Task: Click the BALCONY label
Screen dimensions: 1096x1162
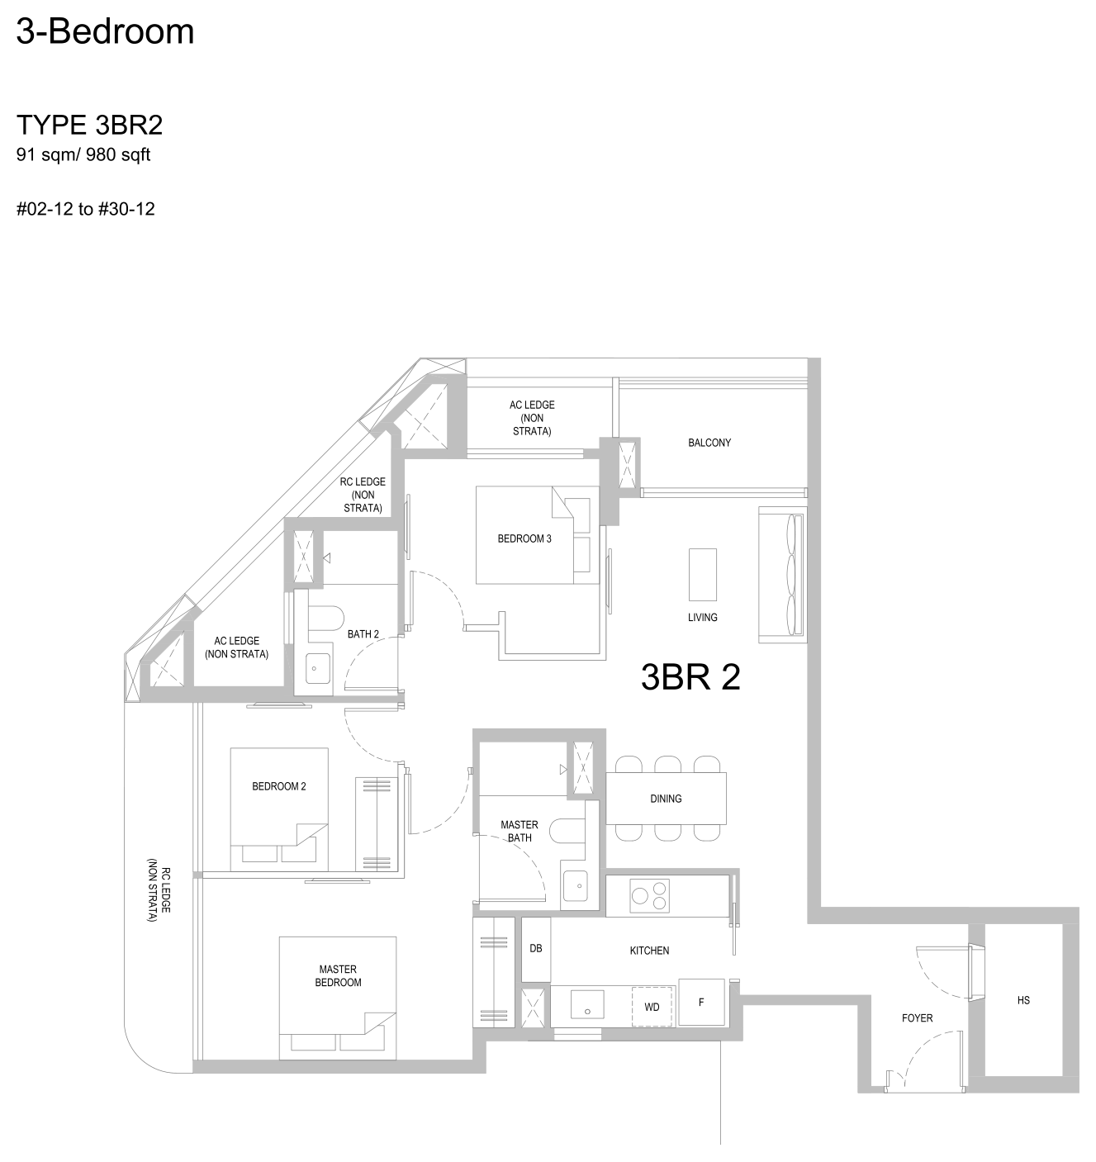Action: (x=709, y=443)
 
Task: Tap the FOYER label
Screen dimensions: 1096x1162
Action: (x=917, y=1018)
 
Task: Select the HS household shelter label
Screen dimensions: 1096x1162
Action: (x=1023, y=1000)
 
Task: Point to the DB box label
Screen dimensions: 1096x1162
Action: (x=535, y=948)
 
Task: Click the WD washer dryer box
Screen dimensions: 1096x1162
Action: (x=652, y=1006)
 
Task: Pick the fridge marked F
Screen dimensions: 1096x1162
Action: (x=701, y=1003)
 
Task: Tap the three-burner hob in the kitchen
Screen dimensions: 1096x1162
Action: (x=649, y=896)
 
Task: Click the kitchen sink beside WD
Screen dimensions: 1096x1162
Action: (x=587, y=1004)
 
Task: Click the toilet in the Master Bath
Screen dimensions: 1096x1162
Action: (x=567, y=830)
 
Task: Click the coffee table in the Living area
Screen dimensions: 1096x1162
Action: (x=702, y=575)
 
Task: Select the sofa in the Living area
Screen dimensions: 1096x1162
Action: (x=782, y=575)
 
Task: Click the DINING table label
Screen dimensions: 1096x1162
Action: (x=666, y=799)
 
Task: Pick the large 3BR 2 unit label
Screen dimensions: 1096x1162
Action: (x=690, y=677)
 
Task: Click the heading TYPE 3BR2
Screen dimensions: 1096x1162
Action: (x=89, y=125)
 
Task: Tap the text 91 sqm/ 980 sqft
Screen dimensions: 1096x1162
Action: (x=83, y=154)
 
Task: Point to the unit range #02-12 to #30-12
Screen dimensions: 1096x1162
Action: (x=85, y=209)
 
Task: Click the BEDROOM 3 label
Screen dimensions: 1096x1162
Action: (x=524, y=538)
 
